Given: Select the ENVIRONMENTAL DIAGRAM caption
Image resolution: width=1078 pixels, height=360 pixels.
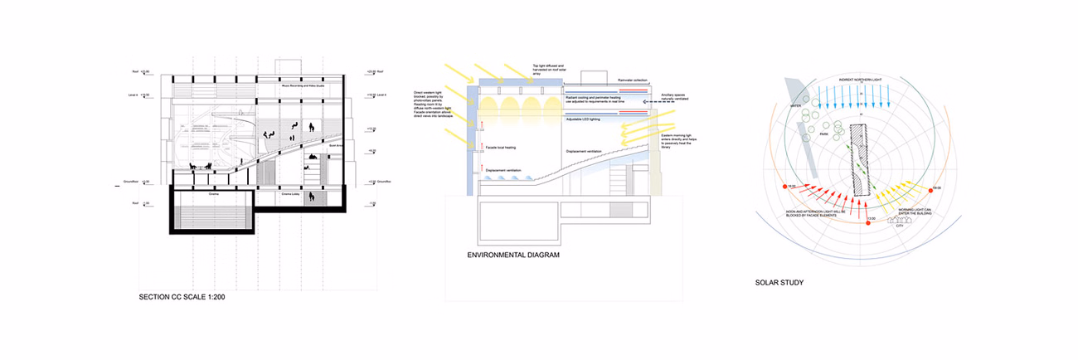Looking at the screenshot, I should coord(514,255).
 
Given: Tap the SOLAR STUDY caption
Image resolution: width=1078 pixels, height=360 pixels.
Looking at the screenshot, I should coord(779,282).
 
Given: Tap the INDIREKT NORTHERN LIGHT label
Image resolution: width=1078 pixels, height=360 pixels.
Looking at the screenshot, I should coord(859,79).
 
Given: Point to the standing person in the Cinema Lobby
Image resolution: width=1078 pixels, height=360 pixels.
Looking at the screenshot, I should coord(311,198).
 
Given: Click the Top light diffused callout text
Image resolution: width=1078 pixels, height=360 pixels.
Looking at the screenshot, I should coord(549,69).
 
